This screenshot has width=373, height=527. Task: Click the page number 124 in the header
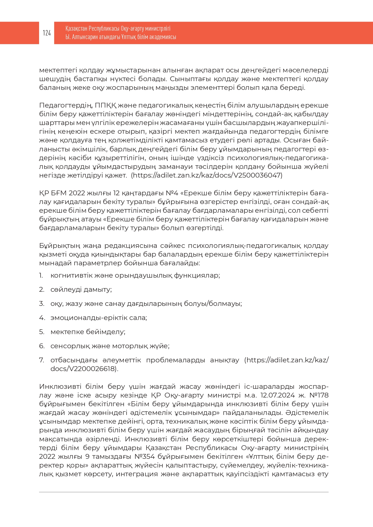(47, 33)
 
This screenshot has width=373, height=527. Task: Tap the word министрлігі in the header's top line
(157, 29)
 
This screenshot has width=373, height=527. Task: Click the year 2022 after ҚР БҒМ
(77, 193)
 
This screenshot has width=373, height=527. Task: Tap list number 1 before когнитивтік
(41, 276)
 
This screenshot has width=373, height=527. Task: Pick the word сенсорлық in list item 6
(70, 346)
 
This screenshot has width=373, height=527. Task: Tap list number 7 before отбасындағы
(41, 360)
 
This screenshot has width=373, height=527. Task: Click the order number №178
(319, 395)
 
